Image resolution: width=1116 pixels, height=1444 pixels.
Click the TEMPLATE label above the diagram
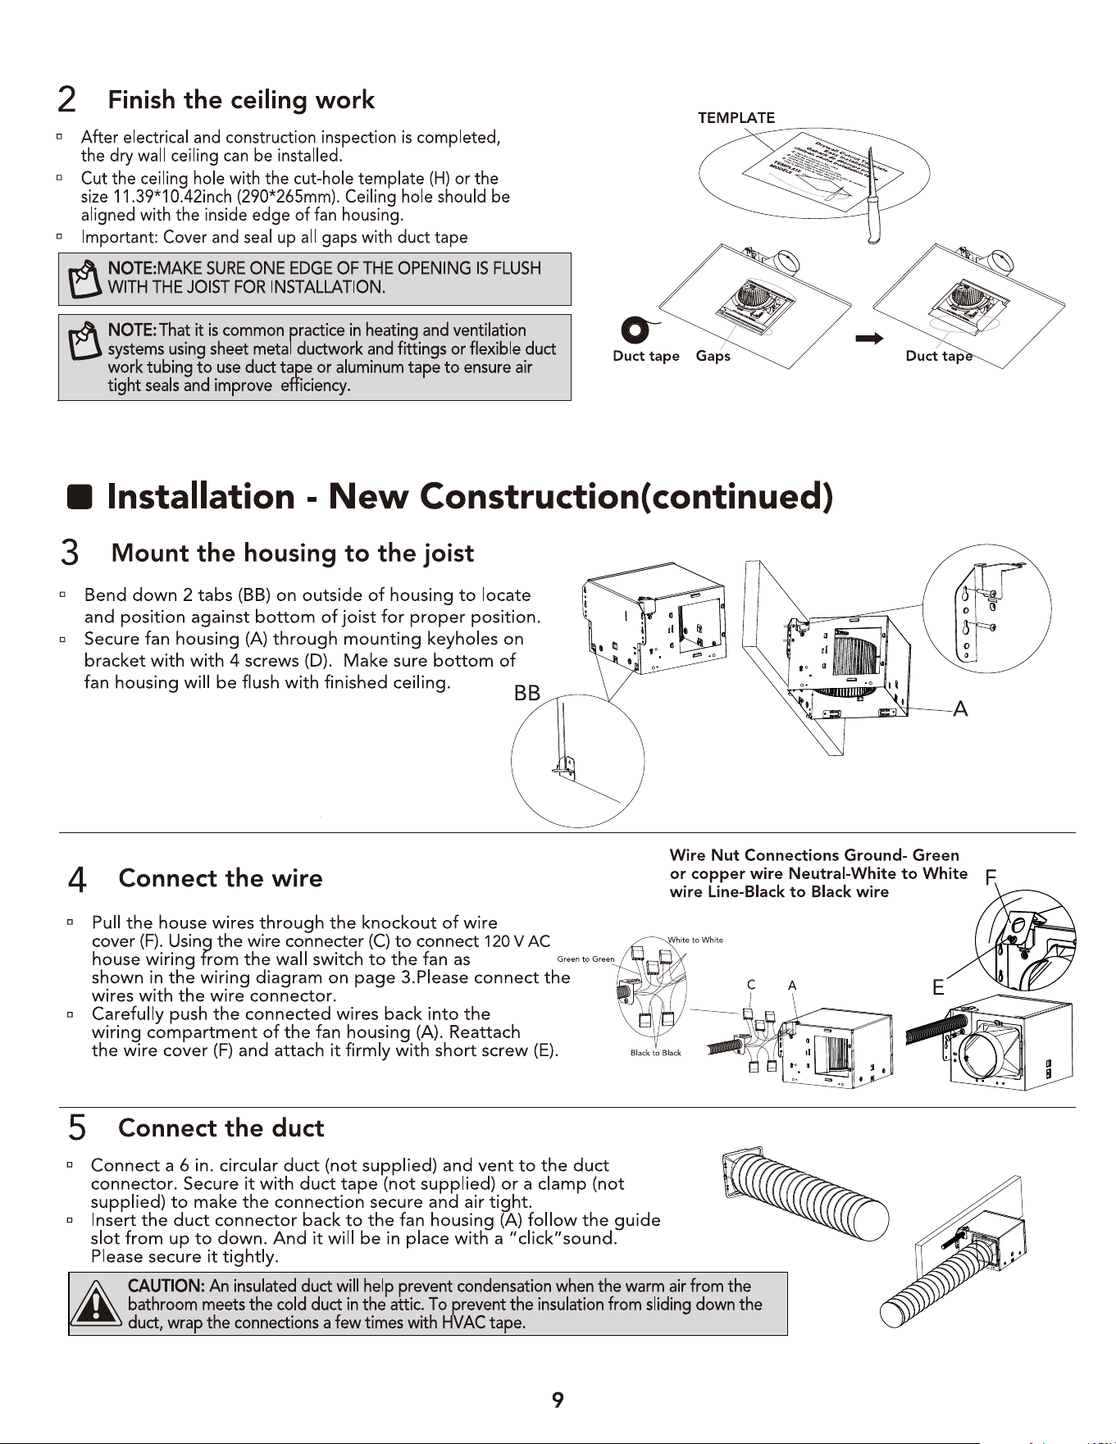pos(736,118)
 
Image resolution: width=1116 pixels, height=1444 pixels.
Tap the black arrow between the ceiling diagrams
pos(869,339)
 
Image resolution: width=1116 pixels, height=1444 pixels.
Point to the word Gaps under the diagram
pos(713,356)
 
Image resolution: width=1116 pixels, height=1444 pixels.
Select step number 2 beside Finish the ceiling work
pos(67,101)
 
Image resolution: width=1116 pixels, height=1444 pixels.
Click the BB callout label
pos(527,694)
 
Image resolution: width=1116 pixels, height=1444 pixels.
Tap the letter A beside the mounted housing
pos(960,709)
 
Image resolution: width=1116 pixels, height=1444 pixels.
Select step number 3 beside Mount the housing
pos(70,553)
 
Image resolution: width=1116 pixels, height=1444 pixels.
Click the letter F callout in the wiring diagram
pos(991,877)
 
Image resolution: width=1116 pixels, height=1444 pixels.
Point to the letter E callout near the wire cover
pos(938,988)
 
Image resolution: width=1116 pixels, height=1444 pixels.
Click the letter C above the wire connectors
pos(750,985)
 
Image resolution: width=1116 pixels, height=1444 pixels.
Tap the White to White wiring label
pos(695,940)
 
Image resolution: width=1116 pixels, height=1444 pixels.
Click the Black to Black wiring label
pos(656,1053)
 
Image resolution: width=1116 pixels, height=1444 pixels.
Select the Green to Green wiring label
pos(585,959)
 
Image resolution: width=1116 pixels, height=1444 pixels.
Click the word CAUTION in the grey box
pos(166,1286)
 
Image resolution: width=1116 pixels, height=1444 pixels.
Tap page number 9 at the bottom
pos(558,1401)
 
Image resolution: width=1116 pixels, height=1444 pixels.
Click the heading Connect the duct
pos(221,1128)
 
